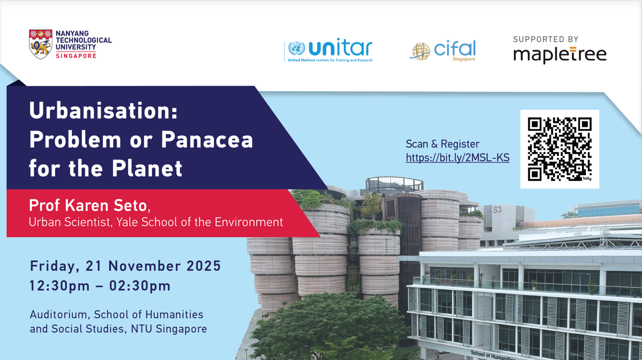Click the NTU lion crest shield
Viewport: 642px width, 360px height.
[x=41, y=44]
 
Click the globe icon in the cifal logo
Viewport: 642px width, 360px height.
[x=420, y=51]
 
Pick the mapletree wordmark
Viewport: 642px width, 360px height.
[x=560, y=55]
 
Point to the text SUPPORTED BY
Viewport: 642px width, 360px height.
[x=545, y=39]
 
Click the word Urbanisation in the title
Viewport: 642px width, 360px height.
[x=104, y=111]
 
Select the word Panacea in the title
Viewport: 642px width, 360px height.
[x=207, y=140]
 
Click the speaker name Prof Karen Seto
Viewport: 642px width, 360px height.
[x=89, y=206]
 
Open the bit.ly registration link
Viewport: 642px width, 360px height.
[x=457, y=158]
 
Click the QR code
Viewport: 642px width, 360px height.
[x=560, y=149]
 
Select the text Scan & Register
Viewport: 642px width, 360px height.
[x=442, y=144]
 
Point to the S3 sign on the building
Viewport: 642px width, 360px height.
[x=497, y=210]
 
